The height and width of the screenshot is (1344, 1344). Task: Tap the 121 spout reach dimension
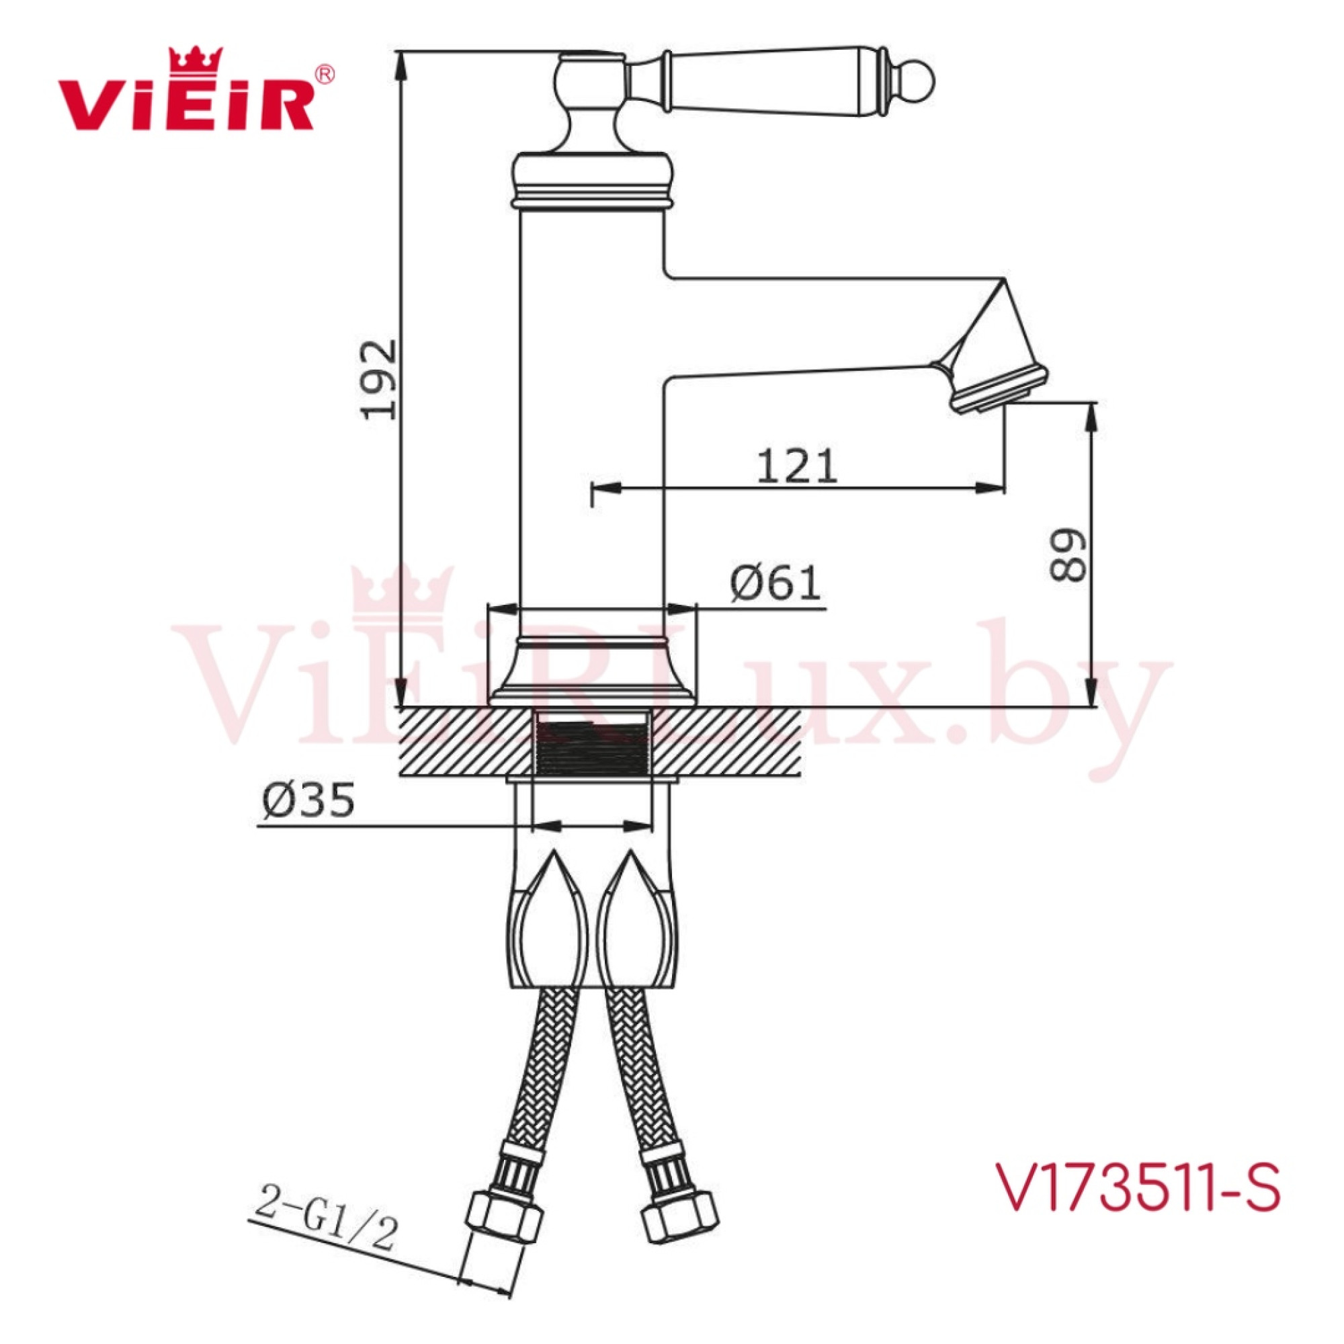click(797, 466)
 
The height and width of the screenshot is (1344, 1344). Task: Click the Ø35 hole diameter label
click(308, 802)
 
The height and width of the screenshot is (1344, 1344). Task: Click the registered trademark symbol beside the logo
click(325, 74)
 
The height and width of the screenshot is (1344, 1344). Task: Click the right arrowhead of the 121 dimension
click(991, 488)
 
